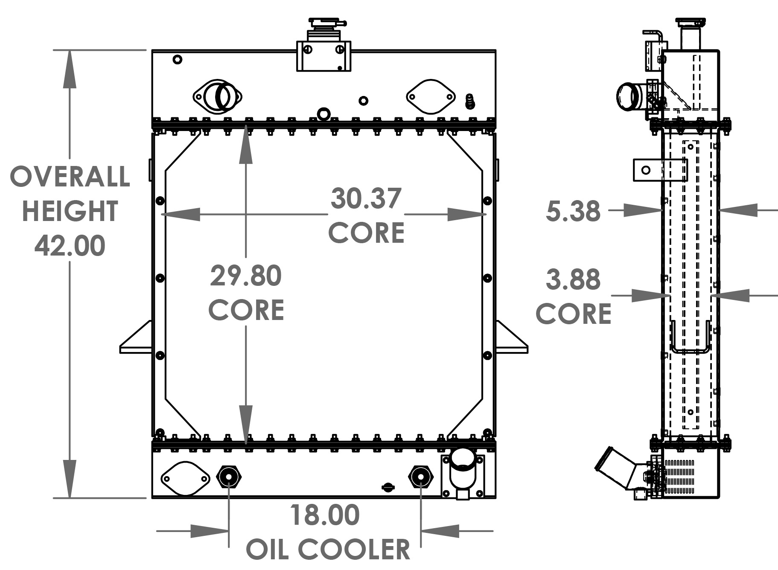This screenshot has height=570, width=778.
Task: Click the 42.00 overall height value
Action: click(x=70, y=246)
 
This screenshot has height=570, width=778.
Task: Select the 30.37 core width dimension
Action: click(x=366, y=199)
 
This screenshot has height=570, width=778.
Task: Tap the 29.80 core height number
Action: click(x=246, y=276)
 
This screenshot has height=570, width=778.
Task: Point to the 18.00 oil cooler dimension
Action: click(x=325, y=515)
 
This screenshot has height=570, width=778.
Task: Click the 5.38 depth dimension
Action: click(x=573, y=211)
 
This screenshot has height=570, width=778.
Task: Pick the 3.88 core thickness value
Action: click(x=573, y=280)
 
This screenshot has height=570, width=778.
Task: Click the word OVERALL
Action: click(x=70, y=177)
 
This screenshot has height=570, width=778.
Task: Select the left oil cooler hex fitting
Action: click(x=229, y=477)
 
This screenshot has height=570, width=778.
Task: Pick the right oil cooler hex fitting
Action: click(x=421, y=477)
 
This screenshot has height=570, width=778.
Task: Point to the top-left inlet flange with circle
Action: click(x=217, y=96)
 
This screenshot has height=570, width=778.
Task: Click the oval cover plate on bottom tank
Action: click(x=185, y=478)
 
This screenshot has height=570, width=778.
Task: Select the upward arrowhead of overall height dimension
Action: click(x=70, y=68)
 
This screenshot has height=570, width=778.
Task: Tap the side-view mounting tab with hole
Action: click(x=647, y=170)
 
